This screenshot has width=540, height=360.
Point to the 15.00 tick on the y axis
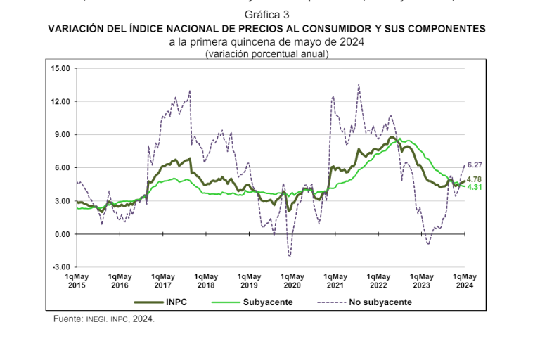tap(60, 69)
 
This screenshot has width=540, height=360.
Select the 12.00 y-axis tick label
tap(60, 102)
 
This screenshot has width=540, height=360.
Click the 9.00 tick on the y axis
tap(62, 135)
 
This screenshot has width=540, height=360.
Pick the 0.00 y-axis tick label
tap(62, 234)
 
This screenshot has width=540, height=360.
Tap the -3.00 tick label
tap(61, 267)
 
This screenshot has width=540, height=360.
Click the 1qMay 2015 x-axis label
tap(77, 281)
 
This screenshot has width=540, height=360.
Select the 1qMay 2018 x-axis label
tap(205, 281)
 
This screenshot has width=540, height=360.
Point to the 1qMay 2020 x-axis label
tap(292, 281)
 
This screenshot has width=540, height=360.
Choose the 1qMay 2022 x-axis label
tap(378, 281)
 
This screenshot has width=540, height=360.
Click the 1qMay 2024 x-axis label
tap(465, 281)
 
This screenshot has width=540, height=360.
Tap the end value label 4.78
tap(474, 179)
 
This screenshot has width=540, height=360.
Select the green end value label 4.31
tap(474, 188)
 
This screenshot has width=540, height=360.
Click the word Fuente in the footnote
tap(68, 319)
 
